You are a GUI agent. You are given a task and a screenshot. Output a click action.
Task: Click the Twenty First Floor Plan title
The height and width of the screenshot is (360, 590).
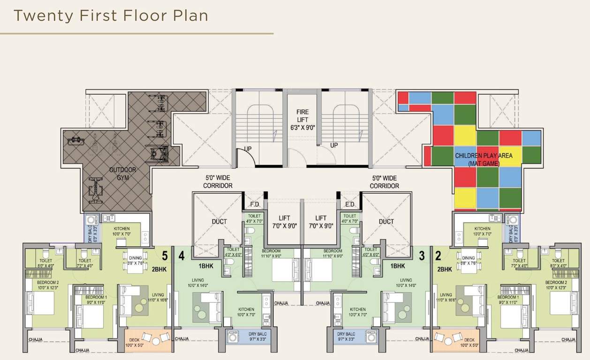111,15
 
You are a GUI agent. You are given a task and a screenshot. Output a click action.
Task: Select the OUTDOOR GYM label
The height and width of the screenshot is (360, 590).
122,173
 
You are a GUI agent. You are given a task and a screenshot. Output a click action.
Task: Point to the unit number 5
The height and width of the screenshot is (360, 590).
165,256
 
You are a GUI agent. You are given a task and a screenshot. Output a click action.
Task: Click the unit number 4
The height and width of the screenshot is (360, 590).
182,256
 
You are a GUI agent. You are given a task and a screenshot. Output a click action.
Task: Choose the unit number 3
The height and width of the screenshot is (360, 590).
422,256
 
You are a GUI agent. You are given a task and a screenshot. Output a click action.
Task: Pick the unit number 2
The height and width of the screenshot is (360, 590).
439,256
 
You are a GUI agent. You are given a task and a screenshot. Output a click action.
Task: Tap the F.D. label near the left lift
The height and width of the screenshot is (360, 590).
255,205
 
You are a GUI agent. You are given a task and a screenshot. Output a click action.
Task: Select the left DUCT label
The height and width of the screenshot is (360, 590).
219,222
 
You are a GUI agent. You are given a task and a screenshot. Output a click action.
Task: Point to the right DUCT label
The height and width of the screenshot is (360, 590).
386,222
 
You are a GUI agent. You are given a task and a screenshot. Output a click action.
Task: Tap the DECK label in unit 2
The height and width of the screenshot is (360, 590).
469,341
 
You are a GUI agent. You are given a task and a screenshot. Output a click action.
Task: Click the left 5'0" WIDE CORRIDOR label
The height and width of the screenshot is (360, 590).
218,182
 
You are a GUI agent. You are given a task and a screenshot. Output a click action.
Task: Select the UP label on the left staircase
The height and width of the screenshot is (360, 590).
248,149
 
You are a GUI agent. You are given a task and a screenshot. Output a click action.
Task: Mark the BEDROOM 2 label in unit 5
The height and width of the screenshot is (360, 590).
48,283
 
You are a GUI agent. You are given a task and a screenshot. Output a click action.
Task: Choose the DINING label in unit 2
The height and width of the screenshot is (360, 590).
469,258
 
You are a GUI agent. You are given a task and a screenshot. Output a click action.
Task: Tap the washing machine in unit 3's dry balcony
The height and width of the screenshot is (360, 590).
371,337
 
